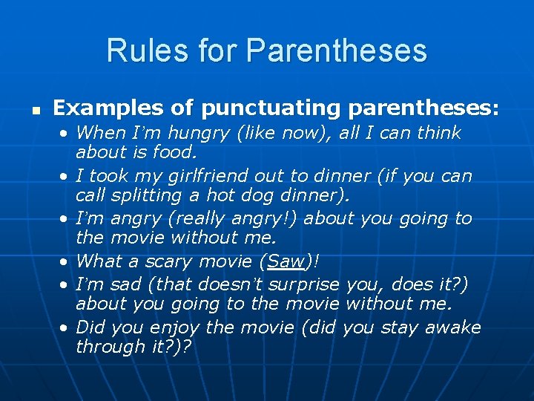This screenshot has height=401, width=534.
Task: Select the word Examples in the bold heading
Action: tap(99, 108)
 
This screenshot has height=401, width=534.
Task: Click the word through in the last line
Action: tap(108, 347)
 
